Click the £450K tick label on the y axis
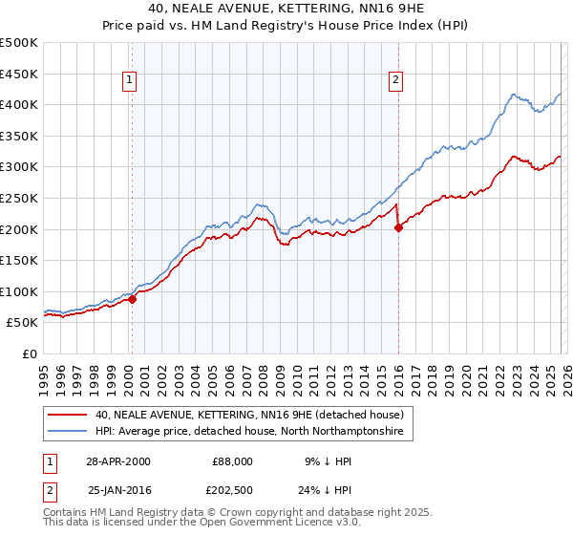(x=19, y=74)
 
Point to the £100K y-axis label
(x=19, y=291)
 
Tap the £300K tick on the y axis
(x=19, y=167)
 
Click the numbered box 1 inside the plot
(x=129, y=81)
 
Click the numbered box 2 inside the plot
(x=394, y=81)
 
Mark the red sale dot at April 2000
(x=133, y=299)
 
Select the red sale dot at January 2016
(x=398, y=227)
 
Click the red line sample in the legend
(x=69, y=415)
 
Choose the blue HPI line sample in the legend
(x=69, y=432)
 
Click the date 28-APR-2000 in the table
(x=117, y=460)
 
